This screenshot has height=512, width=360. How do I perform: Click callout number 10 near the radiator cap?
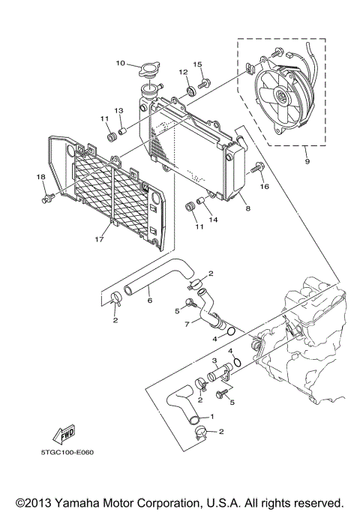point(120,63)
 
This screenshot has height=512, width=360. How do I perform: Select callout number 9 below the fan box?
point(306,160)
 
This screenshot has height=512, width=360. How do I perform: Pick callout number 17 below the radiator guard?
point(98,241)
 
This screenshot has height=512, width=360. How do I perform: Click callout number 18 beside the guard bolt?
point(41,177)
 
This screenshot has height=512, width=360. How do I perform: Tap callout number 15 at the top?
point(198,64)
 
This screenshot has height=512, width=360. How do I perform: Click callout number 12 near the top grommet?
point(182,72)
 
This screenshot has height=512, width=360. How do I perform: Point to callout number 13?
point(118,110)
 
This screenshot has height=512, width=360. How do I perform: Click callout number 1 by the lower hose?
point(212,416)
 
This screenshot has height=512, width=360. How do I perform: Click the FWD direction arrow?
point(56,435)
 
